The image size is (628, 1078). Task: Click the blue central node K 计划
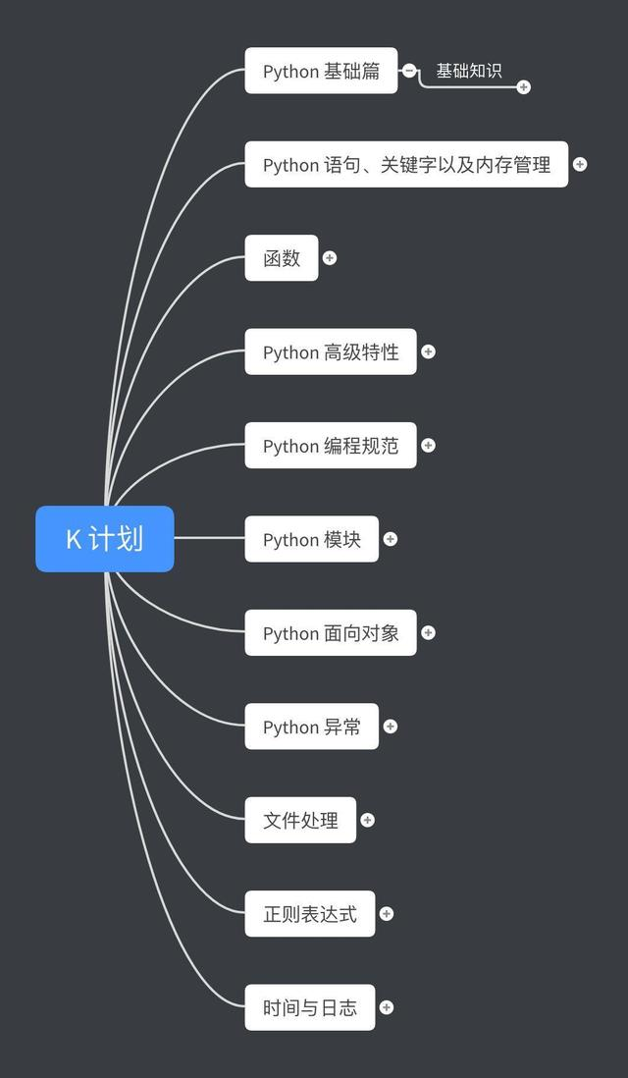point(105,538)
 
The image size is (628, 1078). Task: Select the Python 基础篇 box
point(321,71)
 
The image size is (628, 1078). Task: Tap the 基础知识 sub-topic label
point(469,71)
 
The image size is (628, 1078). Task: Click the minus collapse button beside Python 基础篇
point(409,71)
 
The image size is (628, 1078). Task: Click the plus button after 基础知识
point(523,87)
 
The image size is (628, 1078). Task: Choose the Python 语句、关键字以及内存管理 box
point(406,164)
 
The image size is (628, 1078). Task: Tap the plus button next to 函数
point(330,257)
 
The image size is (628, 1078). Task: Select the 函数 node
point(282,257)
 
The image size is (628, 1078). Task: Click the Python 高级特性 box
point(331,351)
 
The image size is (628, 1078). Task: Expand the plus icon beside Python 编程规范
point(428,445)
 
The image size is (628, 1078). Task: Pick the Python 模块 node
point(311,539)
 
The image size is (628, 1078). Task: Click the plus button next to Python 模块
point(391,539)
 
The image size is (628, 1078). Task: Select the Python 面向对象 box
point(331,632)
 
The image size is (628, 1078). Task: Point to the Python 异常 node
point(311,727)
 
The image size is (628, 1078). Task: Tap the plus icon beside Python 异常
point(391,727)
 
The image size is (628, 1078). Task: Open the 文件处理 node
point(300,820)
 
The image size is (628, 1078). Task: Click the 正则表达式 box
point(309,914)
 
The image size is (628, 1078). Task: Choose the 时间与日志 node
point(309,1007)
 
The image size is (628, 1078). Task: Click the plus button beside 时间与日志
point(387,1007)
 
